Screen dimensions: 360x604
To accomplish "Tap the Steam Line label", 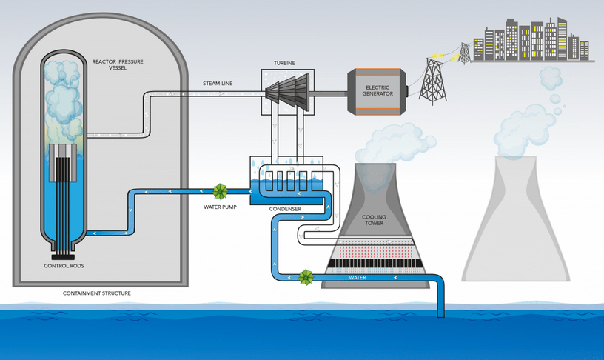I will [218, 84].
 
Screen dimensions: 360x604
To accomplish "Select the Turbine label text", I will [284, 64].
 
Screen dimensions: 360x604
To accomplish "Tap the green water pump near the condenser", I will [220, 192].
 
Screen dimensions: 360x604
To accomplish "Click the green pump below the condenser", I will [305, 279].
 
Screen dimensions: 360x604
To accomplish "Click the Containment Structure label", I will [98, 293].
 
